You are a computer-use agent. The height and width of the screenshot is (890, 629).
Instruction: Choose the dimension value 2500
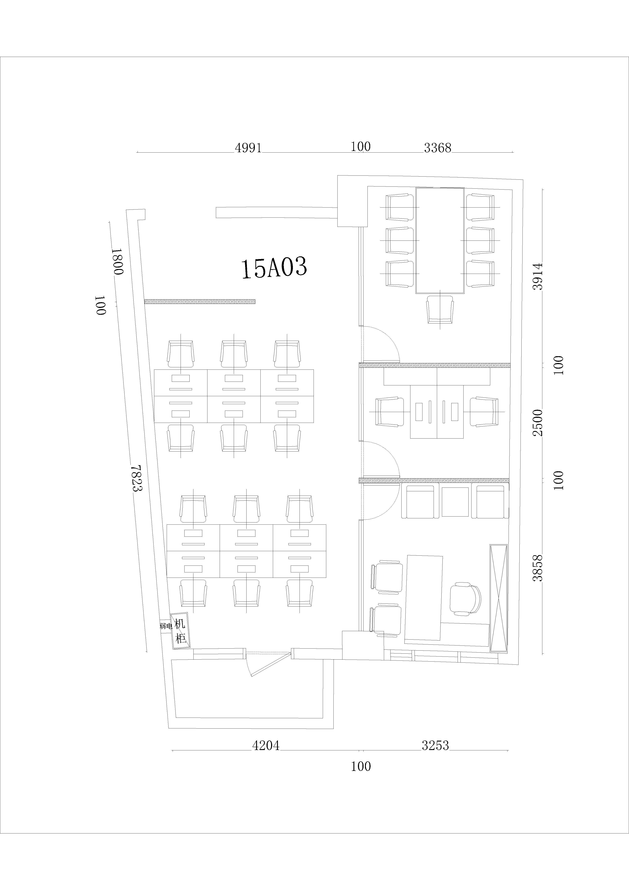coord(538,422)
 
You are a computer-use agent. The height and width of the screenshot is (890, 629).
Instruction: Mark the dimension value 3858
coord(538,568)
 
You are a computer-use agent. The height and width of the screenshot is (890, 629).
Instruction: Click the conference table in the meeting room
coord(440,240)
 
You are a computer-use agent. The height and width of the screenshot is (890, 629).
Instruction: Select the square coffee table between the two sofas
coord(455,502)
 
